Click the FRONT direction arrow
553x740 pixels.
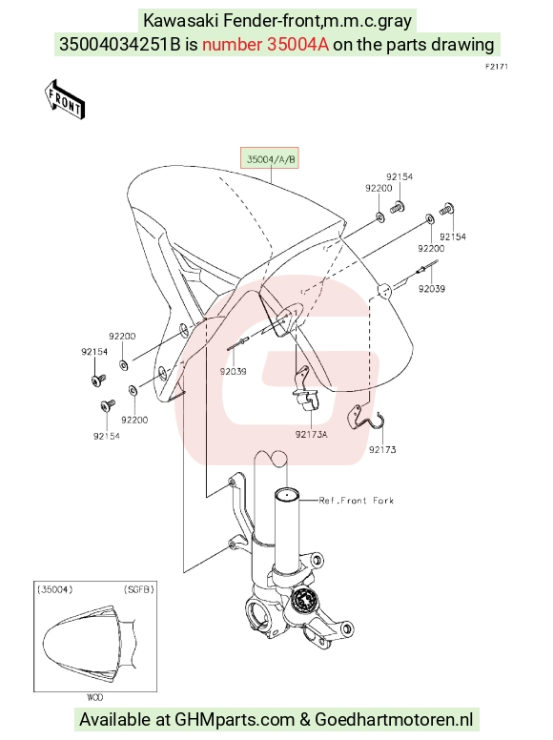click(x=64, y=99)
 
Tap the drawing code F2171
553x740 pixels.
click(x=497, y=67)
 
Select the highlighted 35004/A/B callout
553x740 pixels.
click(x=271, y=159)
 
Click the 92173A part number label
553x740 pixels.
click(x=312, y=434)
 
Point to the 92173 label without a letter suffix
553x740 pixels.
click(x=382, y=450)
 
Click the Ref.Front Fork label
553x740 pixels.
click(x=356, y=501)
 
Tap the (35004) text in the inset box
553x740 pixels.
click(x=55, y=589)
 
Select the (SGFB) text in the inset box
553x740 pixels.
click(x=138, y=589)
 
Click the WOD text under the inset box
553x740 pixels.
click(x=94, y=697)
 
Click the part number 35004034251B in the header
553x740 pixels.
click(x=120, y=45)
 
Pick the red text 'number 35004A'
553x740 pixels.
click(x=265, y=45)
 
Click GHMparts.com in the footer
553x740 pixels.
click(x=235, y=719)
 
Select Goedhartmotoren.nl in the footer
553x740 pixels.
click(x=394, y=719)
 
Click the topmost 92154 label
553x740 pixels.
click(x=399, y=176)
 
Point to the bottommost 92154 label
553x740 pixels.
click(x=106, y=436)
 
